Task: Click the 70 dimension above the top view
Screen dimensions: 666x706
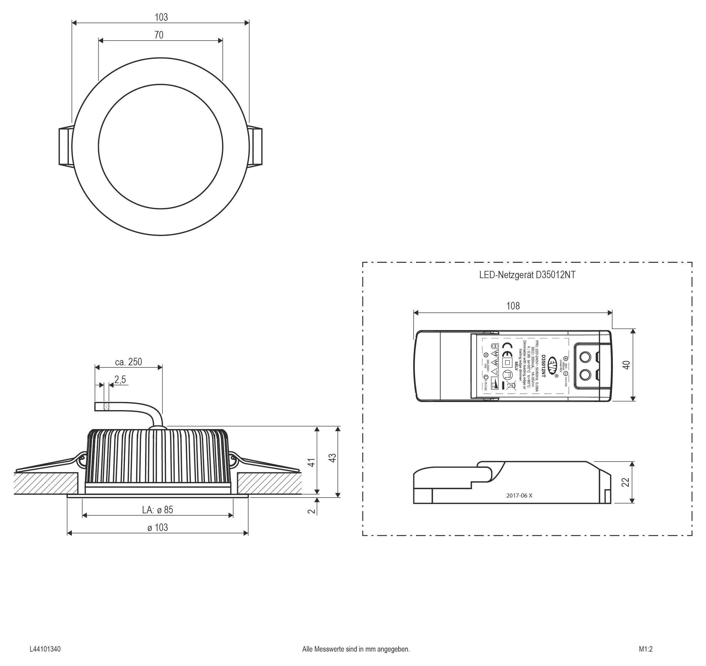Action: click(x=159, y=35)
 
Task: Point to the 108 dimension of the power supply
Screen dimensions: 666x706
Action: click(x=513, y=306)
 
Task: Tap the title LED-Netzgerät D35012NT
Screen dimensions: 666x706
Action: click(x=527, y=275)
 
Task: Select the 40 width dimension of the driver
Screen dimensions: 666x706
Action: click(x=626, y=365)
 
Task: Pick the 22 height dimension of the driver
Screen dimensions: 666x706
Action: click(x=626, y=482)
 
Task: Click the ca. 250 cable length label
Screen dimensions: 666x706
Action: click(x=128, y=362)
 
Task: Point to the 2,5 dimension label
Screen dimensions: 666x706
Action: click(x=120, y=380)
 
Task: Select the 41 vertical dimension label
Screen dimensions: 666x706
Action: click(x=311, y=462)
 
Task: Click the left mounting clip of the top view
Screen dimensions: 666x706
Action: click(x=65, y=146)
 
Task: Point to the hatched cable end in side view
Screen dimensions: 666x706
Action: click(x=106, y=406)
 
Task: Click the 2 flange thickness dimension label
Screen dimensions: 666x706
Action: click(x=311, y=511)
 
